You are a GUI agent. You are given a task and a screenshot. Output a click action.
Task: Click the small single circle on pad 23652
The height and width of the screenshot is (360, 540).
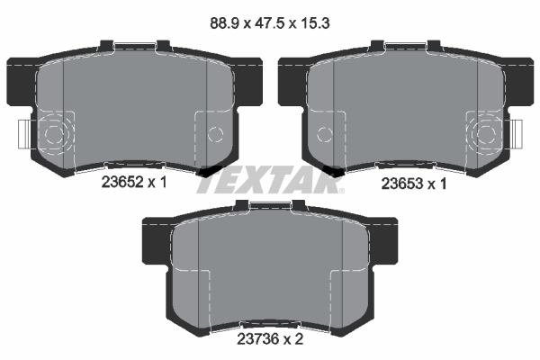coord(214,135)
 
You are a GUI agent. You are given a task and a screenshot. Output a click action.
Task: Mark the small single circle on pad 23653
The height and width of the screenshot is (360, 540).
coord(325,135)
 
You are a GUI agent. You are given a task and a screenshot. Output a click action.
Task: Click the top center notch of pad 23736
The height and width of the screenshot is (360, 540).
coord(269,207)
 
